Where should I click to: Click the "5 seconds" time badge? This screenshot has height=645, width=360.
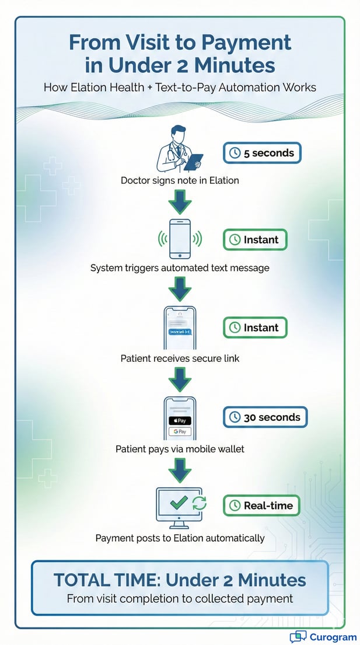(261, 153)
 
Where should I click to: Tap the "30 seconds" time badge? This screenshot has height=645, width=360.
(265, 417)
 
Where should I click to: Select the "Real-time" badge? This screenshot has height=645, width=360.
(261, 505)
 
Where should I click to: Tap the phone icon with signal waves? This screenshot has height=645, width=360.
(180, 239)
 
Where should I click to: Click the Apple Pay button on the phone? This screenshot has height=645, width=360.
(180, 420)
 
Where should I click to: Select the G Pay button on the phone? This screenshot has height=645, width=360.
(180, 431)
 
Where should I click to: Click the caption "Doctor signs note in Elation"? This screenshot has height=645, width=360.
(180, 180)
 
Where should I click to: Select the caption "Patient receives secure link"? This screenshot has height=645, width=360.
(180, 358)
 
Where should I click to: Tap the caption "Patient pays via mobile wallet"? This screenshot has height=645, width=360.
(180, 449)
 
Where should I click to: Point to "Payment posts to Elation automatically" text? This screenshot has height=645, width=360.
(180, 538)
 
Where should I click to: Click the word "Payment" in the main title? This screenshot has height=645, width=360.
(240, 43)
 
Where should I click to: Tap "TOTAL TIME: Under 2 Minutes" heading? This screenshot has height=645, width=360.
(180, 580)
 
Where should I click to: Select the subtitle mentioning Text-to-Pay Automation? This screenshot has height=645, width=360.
(180, 88)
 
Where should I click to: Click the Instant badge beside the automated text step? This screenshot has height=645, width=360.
(255, 239)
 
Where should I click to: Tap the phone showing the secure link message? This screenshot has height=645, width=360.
(180, 328)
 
